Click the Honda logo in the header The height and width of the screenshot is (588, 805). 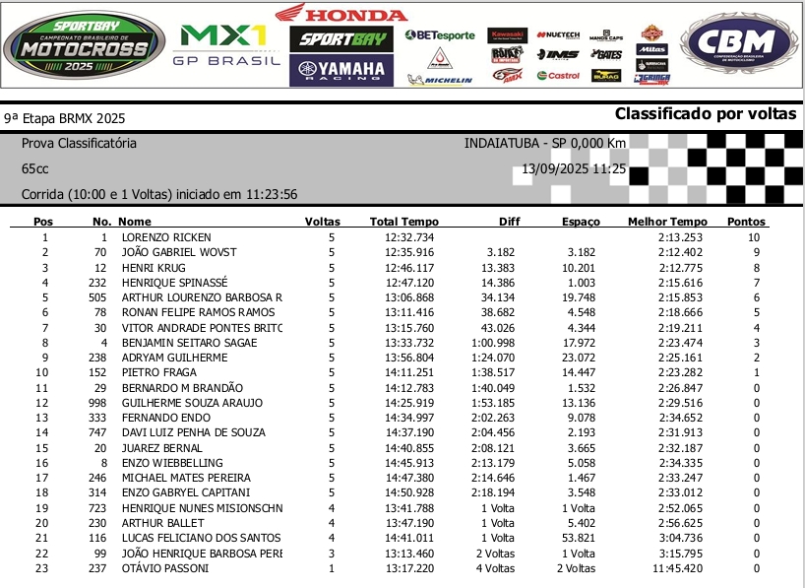[341, 14]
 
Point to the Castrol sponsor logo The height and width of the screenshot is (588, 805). [558, 76]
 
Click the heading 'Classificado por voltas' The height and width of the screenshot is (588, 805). [705, 114]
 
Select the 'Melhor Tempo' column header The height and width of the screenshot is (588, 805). [667, 222]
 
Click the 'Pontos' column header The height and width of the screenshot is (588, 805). [746, 222]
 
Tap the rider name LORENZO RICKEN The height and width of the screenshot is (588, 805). [166, 237]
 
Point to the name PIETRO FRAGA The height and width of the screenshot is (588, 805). [159, 372]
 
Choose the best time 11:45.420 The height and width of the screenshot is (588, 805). [679, 568]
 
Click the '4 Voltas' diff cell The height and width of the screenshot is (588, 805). [495, 568]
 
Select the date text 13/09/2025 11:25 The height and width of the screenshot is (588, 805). [574, 168]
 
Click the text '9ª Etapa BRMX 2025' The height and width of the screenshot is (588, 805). [65, 118]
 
